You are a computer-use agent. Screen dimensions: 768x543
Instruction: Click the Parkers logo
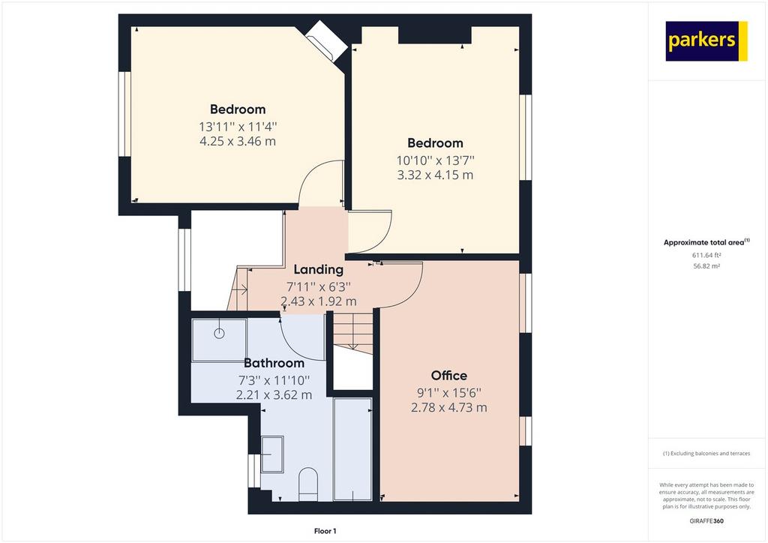pos(706,41)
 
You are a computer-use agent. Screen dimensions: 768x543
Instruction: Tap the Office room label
pos(448,376)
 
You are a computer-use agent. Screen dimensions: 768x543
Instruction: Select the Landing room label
pos(318,269)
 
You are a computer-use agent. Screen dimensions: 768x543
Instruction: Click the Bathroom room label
pos(274,363)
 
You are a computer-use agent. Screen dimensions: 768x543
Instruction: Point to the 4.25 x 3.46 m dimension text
pos(238,142)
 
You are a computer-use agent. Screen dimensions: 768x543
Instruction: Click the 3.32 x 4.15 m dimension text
pos(435,175)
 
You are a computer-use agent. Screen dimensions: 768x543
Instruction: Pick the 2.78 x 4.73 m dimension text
pos(448,407)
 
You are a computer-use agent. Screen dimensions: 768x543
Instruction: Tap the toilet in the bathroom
pos(308,484)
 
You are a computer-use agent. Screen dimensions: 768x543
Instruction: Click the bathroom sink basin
pos(271,454)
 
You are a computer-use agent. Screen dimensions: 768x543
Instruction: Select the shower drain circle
pos(219,334)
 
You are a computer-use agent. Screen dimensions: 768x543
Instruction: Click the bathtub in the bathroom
pos(352,449)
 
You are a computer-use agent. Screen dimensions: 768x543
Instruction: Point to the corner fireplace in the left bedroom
pos(325,41)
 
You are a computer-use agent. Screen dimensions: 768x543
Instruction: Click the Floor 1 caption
pos(325,531)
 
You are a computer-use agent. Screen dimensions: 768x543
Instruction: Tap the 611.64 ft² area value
pos(706,255)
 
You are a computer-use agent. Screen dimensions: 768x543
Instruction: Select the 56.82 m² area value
pos(706,266)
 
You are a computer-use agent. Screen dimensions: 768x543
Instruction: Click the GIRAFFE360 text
pos(706,521)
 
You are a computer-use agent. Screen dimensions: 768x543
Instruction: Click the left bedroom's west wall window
pos(125,114)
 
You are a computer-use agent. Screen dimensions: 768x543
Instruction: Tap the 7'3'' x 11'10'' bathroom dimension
pos(274,380)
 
